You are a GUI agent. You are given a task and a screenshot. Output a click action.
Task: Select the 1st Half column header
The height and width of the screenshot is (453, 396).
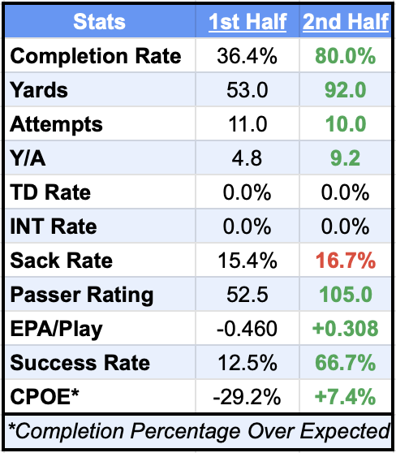tap(247, 22)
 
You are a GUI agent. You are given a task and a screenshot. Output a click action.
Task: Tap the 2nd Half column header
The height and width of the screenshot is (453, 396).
tap(345, 22)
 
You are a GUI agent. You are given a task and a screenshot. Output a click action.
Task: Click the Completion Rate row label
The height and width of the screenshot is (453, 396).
tap(96, 56)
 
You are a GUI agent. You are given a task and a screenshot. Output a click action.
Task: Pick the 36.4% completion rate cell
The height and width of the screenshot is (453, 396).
tap(247, 56)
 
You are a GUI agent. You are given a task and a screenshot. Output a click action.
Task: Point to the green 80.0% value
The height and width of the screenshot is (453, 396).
tap(345, 56)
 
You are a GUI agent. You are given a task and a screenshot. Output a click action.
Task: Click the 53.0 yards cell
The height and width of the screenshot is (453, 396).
tap(247, 90)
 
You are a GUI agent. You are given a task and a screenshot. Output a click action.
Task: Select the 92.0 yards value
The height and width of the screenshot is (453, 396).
tap(345, 90)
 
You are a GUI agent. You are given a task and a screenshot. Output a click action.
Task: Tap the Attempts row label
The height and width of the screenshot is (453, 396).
tap(57, 124)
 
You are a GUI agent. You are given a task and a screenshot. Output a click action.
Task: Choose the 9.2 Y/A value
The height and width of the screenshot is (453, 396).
tap(345, 158)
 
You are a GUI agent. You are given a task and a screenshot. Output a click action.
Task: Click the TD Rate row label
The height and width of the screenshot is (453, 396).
tap(50, 192)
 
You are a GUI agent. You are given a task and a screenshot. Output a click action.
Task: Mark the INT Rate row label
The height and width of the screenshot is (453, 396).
tap(54, 226)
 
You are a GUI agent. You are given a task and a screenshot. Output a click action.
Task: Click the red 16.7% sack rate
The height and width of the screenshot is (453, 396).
tap(345, 261)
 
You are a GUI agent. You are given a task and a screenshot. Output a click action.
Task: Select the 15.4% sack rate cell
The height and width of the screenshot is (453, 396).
tap(247, 261)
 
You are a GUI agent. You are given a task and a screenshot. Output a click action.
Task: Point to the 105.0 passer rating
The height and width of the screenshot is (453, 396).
tap(345, 295)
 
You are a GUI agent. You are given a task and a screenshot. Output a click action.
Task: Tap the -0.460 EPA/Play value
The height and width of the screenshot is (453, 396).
tap(247, 329)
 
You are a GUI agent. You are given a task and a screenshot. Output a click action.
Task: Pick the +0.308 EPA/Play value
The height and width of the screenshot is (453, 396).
tap(345, 329)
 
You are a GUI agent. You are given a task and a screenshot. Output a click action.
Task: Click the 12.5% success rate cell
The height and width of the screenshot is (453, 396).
tap(247, 363)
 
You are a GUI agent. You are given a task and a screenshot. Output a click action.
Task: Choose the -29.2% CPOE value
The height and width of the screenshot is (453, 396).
tap(247, 397)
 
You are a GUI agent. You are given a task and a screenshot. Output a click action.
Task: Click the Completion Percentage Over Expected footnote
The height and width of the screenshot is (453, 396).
tap(198, 430)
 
